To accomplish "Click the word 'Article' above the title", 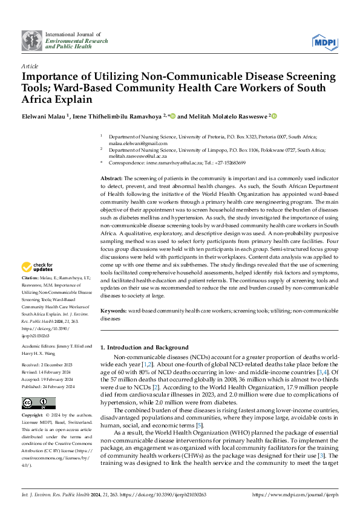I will tap(29, 65).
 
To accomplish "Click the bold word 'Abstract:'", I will tap(111, 179).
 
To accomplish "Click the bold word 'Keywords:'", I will tap(113, 310).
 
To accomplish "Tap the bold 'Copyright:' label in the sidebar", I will tap(33, 417).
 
